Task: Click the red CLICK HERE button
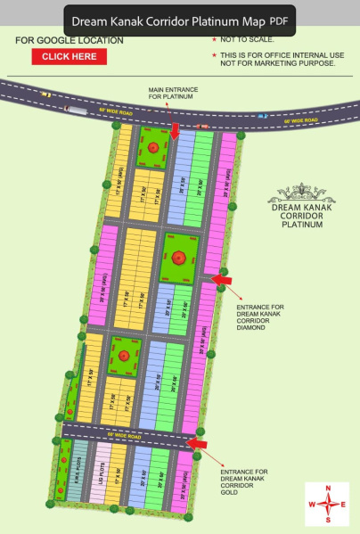pos(69,56)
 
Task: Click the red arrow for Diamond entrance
pos(223,281)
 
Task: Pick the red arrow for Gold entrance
pos(196,442)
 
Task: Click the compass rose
pos(329,504)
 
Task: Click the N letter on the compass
pos(329,489)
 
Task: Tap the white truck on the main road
pos(77,110)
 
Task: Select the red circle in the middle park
pos(179,258)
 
